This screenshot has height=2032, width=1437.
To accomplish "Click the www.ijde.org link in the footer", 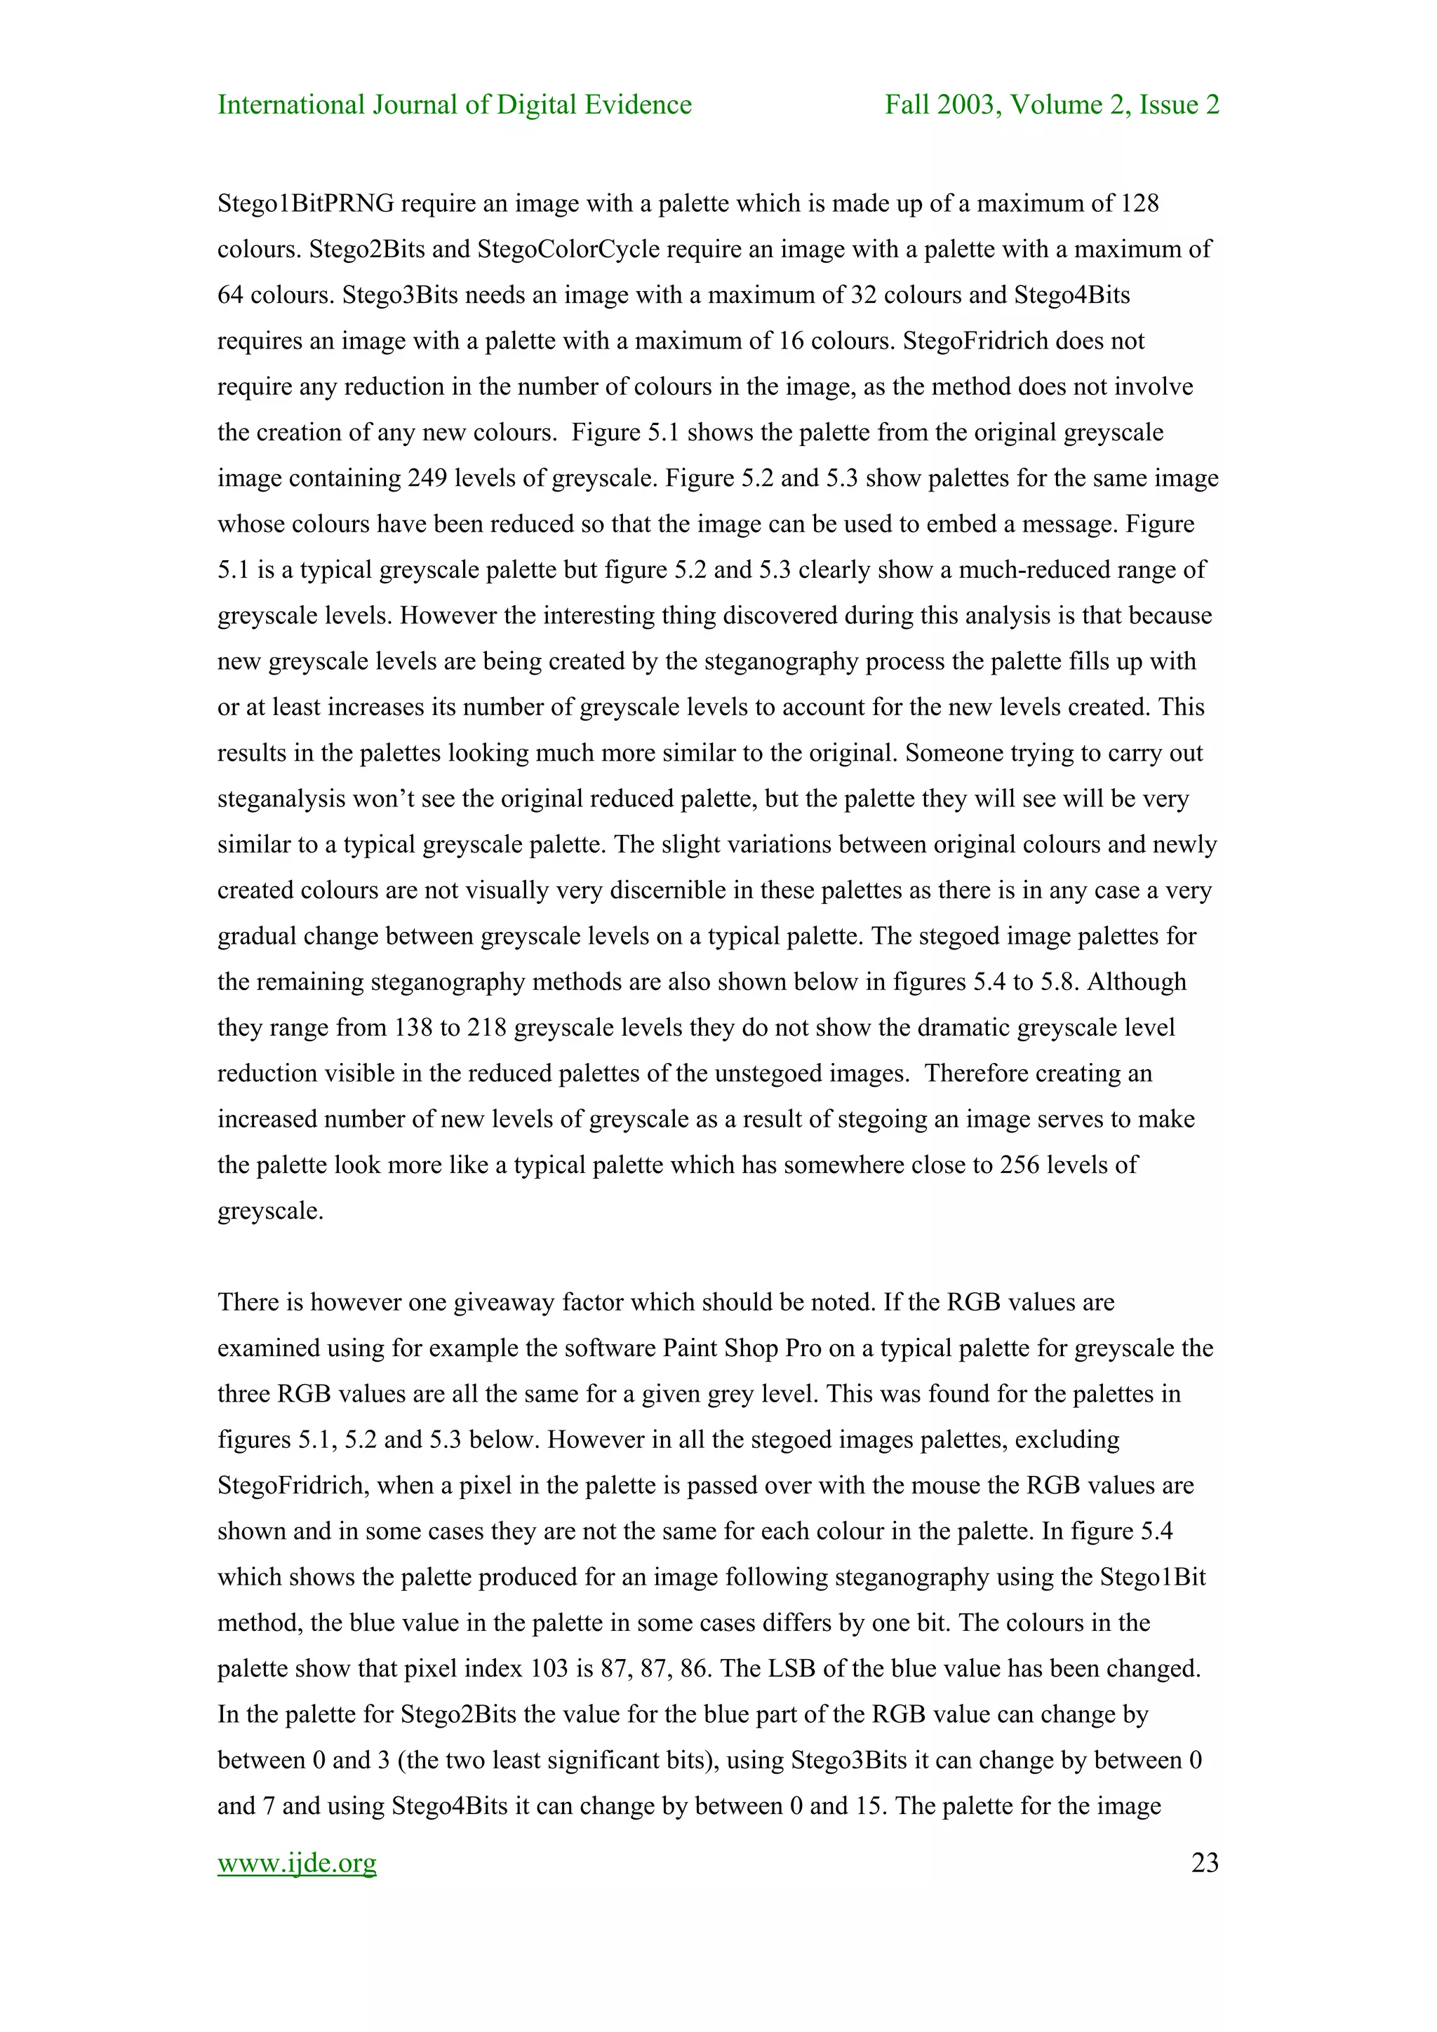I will (x=297, y=1863).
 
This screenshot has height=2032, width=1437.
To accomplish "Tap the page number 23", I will (x=1204, y=1863).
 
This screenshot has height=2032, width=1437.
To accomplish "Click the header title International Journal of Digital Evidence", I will (x=454, y=104).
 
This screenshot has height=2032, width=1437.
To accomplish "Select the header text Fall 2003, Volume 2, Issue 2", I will (x=1052, y=104).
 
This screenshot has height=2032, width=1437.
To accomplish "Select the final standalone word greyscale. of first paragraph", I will (x=270, y=1211).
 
